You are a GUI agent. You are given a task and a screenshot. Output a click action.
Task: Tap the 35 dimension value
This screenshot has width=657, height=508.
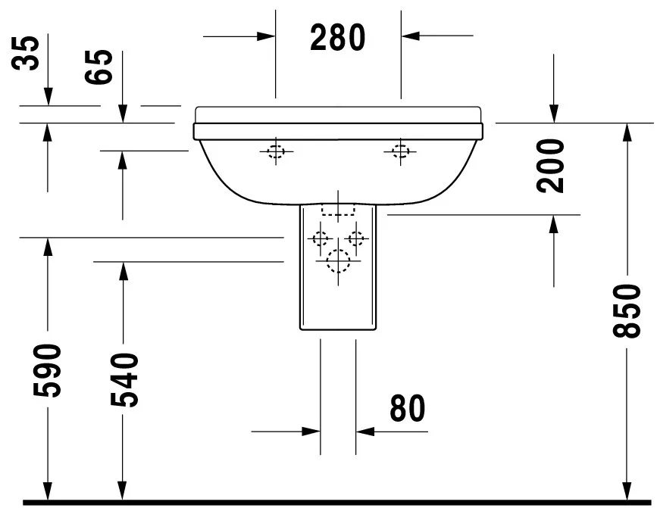(28, 52)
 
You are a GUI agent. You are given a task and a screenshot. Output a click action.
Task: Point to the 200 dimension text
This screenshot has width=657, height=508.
(554, 166)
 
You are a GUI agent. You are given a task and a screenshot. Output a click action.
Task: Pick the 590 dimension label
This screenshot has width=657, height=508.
(48, 370)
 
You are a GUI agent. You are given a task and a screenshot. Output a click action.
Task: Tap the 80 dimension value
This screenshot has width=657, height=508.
(407, 409)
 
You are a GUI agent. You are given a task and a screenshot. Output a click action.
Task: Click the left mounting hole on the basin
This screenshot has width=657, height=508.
(275, 151)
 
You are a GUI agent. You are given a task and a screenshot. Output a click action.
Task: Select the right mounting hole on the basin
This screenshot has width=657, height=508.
(400, 151)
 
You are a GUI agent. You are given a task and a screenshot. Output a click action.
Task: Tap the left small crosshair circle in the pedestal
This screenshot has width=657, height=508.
(319, 239)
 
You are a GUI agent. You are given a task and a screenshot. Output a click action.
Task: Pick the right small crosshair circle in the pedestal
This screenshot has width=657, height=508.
(356, 239)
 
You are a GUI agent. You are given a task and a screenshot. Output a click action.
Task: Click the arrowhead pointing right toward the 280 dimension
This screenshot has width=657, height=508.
(265, 36)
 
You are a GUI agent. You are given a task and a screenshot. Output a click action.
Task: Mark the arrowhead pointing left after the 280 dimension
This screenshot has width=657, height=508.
(410, 35)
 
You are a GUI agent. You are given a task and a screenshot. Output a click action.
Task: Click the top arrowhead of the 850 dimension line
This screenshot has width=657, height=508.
(627, 131)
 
